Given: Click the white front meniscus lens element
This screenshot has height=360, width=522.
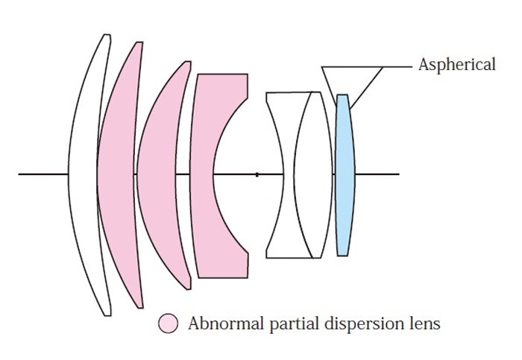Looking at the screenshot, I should tap(82, 174).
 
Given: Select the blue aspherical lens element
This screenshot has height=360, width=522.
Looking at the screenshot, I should tap(344, 174).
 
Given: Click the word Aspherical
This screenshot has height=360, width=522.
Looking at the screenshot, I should tap(456, 65).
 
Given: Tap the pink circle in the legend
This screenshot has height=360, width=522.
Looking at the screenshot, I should tap(169, 323).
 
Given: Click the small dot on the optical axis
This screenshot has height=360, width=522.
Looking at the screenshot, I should tap(257, 174).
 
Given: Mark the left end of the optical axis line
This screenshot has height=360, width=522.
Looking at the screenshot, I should tap(19, 174).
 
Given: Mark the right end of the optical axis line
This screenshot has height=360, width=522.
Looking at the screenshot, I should tap(398, 174).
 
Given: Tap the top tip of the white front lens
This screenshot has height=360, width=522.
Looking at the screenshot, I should tap(107, 35).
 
